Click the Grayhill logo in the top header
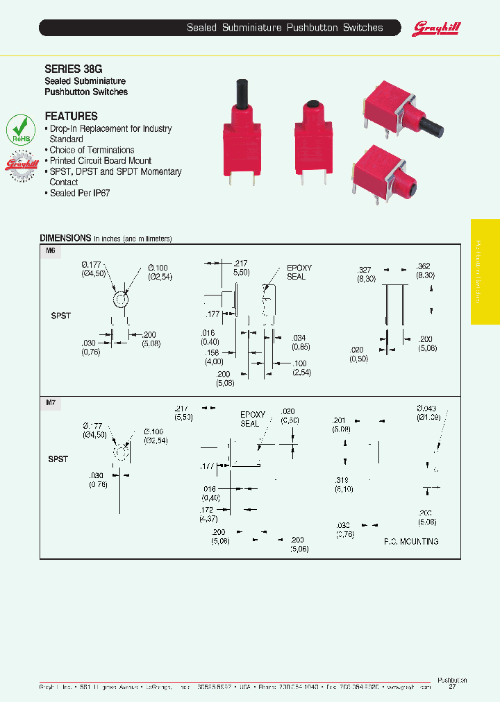pos(437,28)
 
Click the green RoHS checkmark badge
pos(21,129)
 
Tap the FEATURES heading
pos(71,117)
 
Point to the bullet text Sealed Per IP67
pos(80,193)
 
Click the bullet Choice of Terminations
pos(92,150)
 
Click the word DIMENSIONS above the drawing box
pos(65,237)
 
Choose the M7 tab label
pos(50,403)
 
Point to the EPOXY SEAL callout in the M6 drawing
pos(299,272)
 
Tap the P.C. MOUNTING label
pos(411,541)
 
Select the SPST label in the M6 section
pos(61,316)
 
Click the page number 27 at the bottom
pos(452,687)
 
